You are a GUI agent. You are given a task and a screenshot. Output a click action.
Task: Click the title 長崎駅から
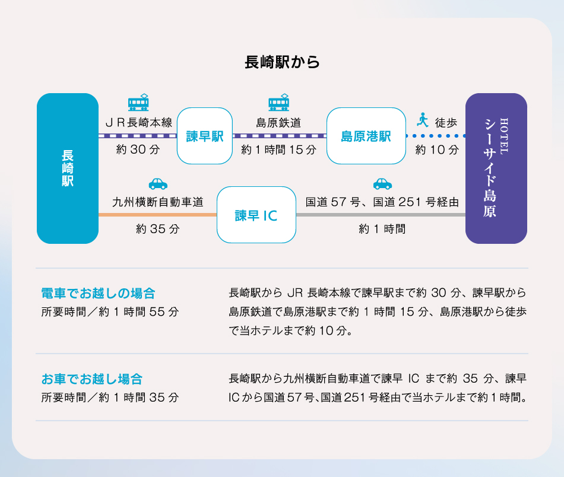pos(282,62)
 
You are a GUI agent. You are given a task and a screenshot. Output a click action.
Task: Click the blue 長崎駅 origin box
pos(68,168)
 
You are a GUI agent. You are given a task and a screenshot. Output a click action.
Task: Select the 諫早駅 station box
pos(205,136)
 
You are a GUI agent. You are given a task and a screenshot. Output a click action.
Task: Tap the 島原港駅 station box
pos(366,136)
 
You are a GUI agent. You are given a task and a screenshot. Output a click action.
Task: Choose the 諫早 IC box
pos(256,215)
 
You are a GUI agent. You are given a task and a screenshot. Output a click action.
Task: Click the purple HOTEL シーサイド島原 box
pos(496,168)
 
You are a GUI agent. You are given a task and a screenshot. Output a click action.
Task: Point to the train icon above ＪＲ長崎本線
pos(138,103)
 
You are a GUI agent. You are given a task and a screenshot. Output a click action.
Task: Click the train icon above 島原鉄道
pos(279,103)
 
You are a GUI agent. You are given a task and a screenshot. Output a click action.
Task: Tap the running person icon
pos(423,120)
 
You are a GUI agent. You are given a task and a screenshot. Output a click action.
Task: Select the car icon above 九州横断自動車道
pos(158,184)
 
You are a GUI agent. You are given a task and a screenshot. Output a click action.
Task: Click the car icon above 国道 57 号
pos(382,184)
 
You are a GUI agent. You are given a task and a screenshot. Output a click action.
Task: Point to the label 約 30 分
pos(138,150)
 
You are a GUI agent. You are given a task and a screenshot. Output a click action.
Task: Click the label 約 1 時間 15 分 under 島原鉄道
pos(279,150)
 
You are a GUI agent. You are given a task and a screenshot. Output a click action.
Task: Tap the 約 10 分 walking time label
pos(437,150)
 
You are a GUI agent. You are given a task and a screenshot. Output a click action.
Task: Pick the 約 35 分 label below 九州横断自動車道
pos(158,229)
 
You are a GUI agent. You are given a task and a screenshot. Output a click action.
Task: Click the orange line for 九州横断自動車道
pos(157,215)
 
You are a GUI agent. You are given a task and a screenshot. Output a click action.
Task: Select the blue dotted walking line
pos(436,136)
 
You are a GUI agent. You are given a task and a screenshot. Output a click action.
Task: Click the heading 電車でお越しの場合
pos(98,293)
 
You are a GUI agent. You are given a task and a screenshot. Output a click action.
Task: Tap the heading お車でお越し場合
pos(92,379)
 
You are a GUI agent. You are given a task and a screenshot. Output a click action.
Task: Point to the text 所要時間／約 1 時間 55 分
pos(110,311)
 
